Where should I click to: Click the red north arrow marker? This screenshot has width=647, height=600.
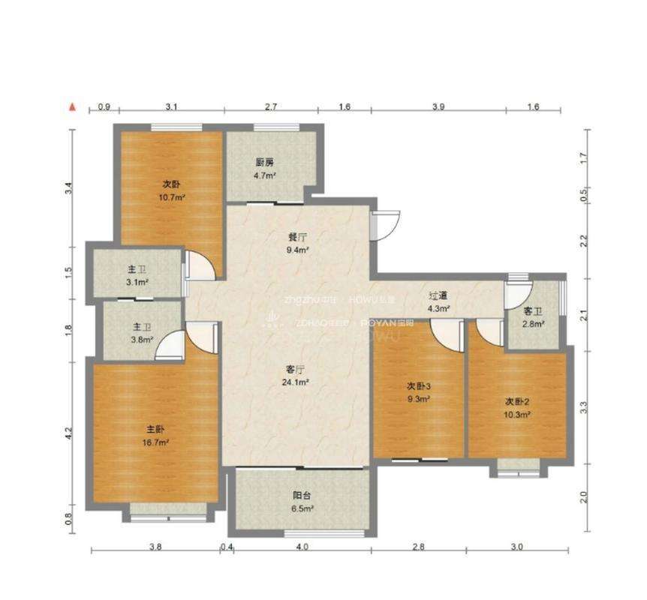pos(73,107)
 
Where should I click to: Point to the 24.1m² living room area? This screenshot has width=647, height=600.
pos(298,382)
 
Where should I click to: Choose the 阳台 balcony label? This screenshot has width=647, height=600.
pos(302,495)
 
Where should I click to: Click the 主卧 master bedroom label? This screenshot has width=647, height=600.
pos(155,430)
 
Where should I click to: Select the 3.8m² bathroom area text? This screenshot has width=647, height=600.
pos(143,339)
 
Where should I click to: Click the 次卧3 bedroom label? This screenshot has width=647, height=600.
pos(418,385)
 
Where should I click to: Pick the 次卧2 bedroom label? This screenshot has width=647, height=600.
pos(517,401)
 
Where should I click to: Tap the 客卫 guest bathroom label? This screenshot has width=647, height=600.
pos(534,311)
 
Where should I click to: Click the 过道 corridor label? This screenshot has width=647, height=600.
pos(438,295)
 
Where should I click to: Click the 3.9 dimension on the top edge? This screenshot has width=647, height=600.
pos(438,107)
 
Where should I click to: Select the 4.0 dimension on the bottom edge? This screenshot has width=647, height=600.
pos(302,547)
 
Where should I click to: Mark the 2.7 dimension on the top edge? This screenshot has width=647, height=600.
pos(271,107)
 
